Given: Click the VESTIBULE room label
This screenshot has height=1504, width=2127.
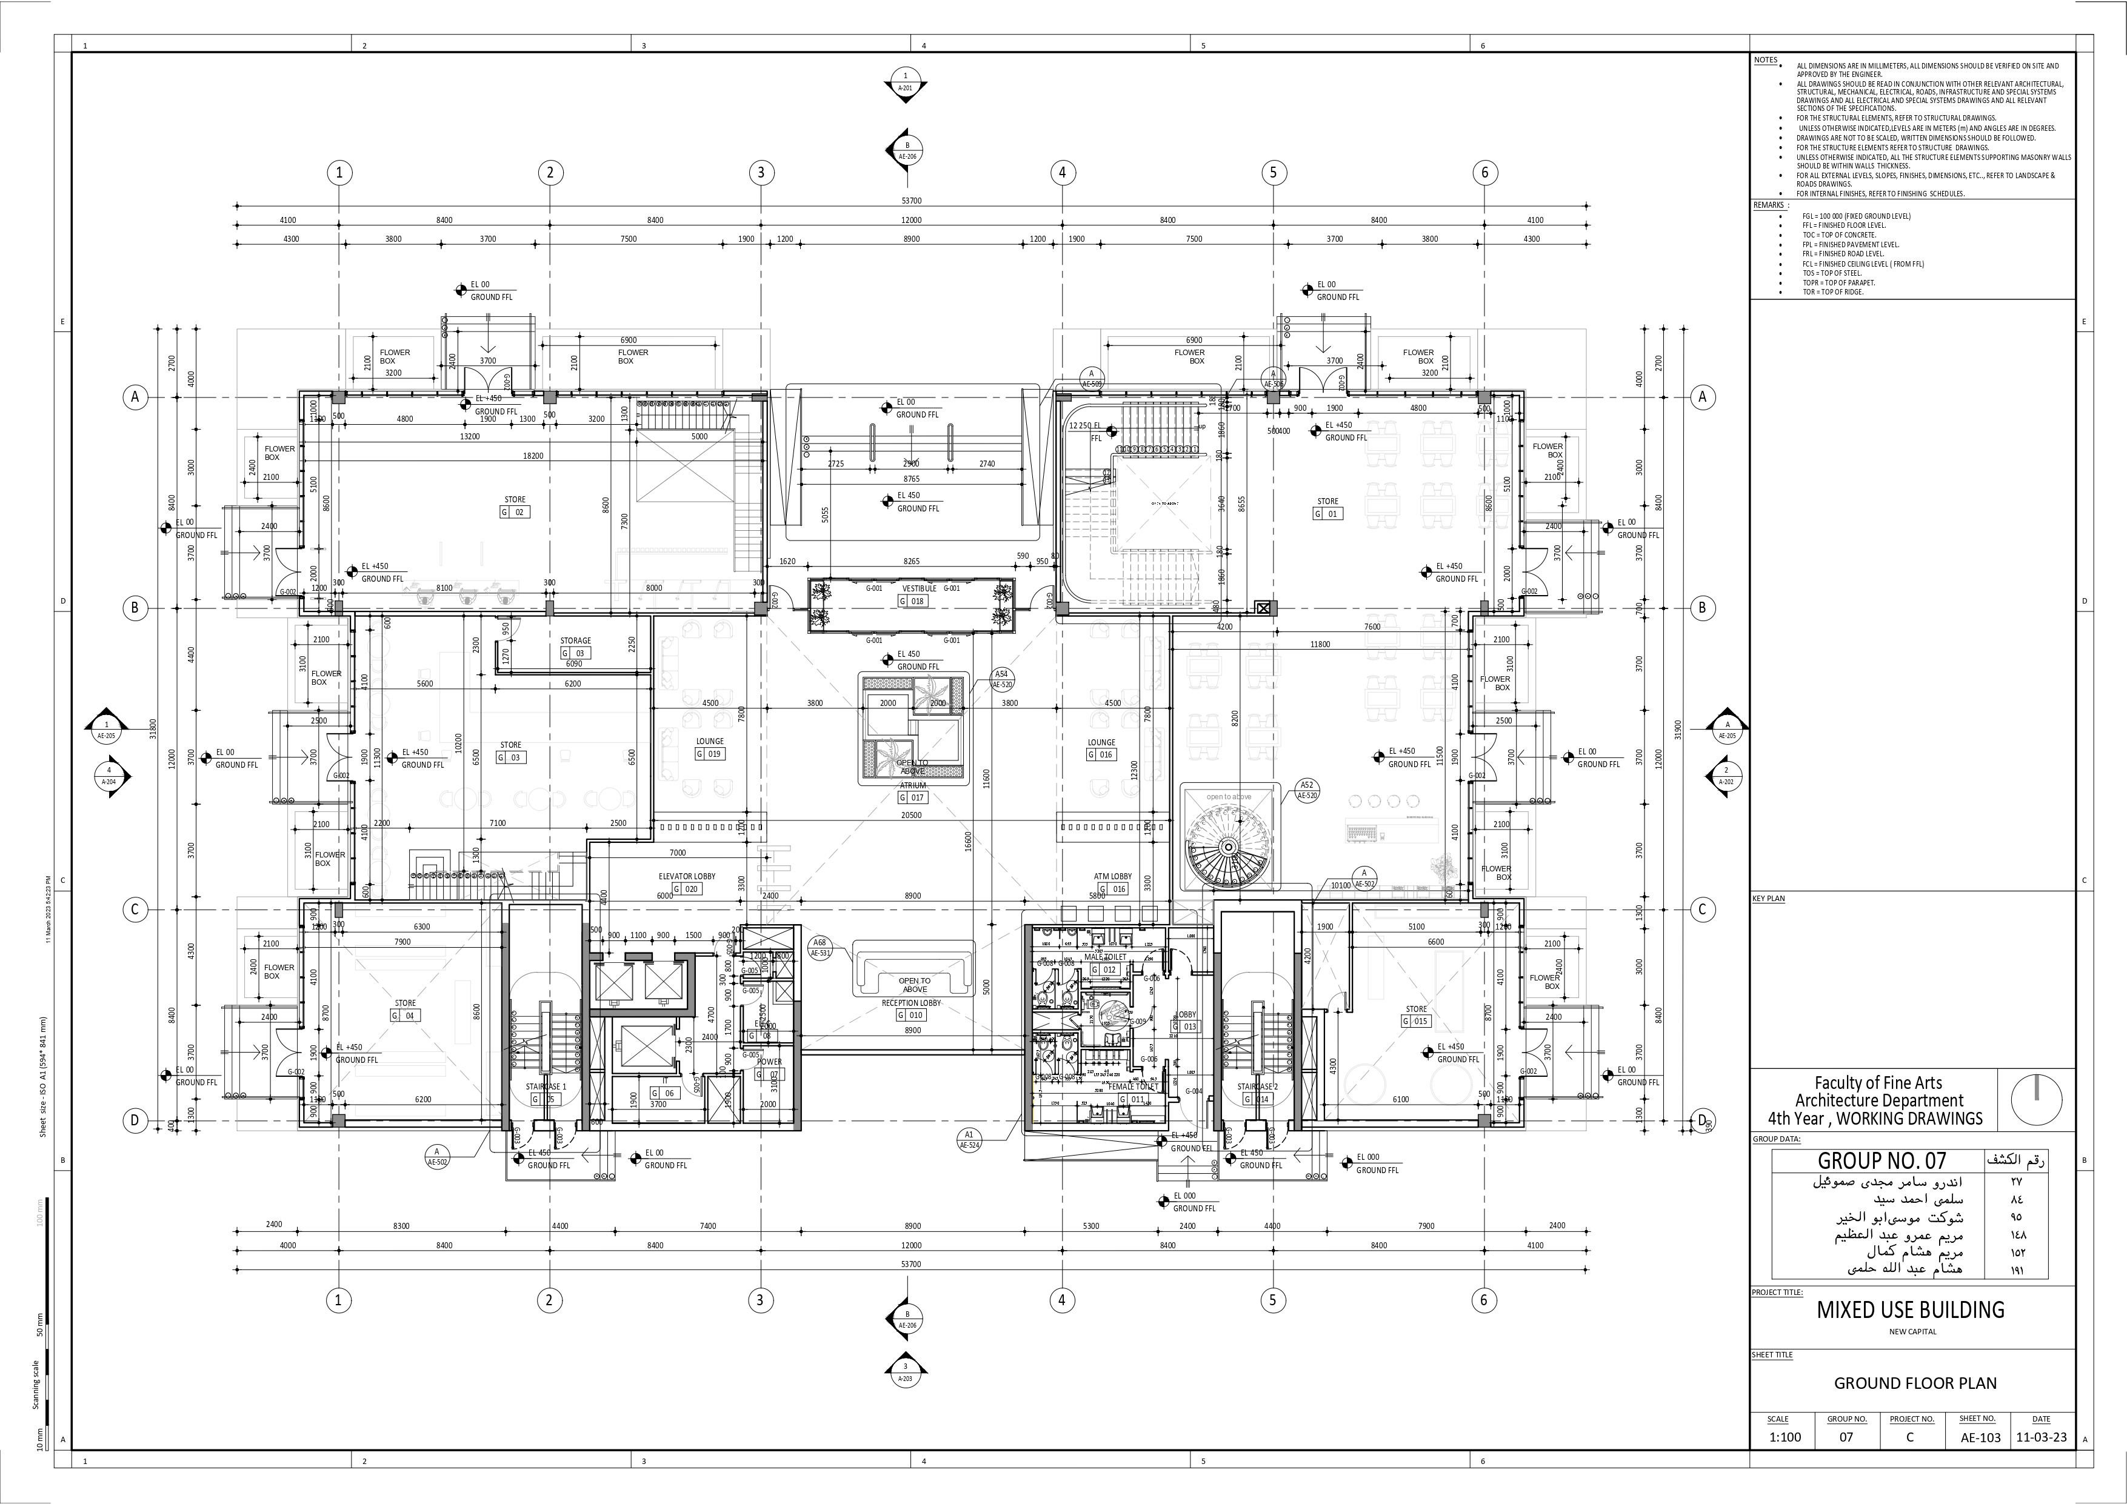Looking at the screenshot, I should [x=919, y=588].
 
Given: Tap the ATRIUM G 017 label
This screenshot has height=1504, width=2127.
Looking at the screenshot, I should [x=912, y=792].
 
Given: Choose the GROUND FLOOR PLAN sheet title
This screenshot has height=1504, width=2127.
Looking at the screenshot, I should [x=1915, y=1383].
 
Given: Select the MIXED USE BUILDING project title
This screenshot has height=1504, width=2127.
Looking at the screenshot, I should [x=1910, y=1309].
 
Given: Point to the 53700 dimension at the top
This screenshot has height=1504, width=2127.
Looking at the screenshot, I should [x=912, y=200].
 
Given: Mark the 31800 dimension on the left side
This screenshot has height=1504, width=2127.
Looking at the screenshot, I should [x=153, y=729].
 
